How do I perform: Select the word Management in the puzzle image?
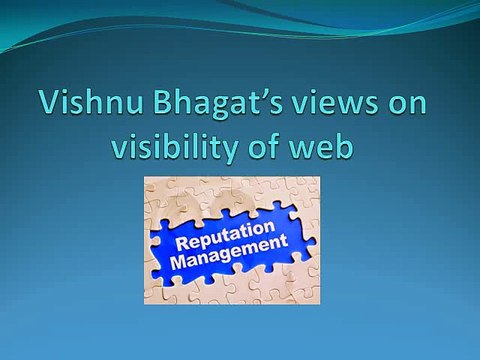coord(230,253)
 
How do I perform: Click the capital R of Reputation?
coord(182,243)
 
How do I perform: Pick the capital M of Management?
coord(180,261)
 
